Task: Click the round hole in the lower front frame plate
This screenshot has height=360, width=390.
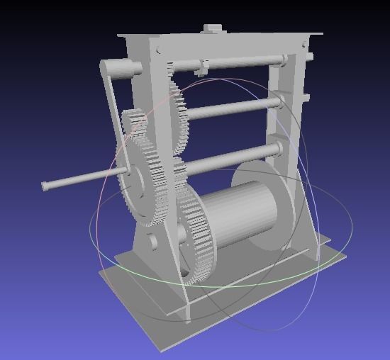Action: pyautogui.click(x=153, y=240)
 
